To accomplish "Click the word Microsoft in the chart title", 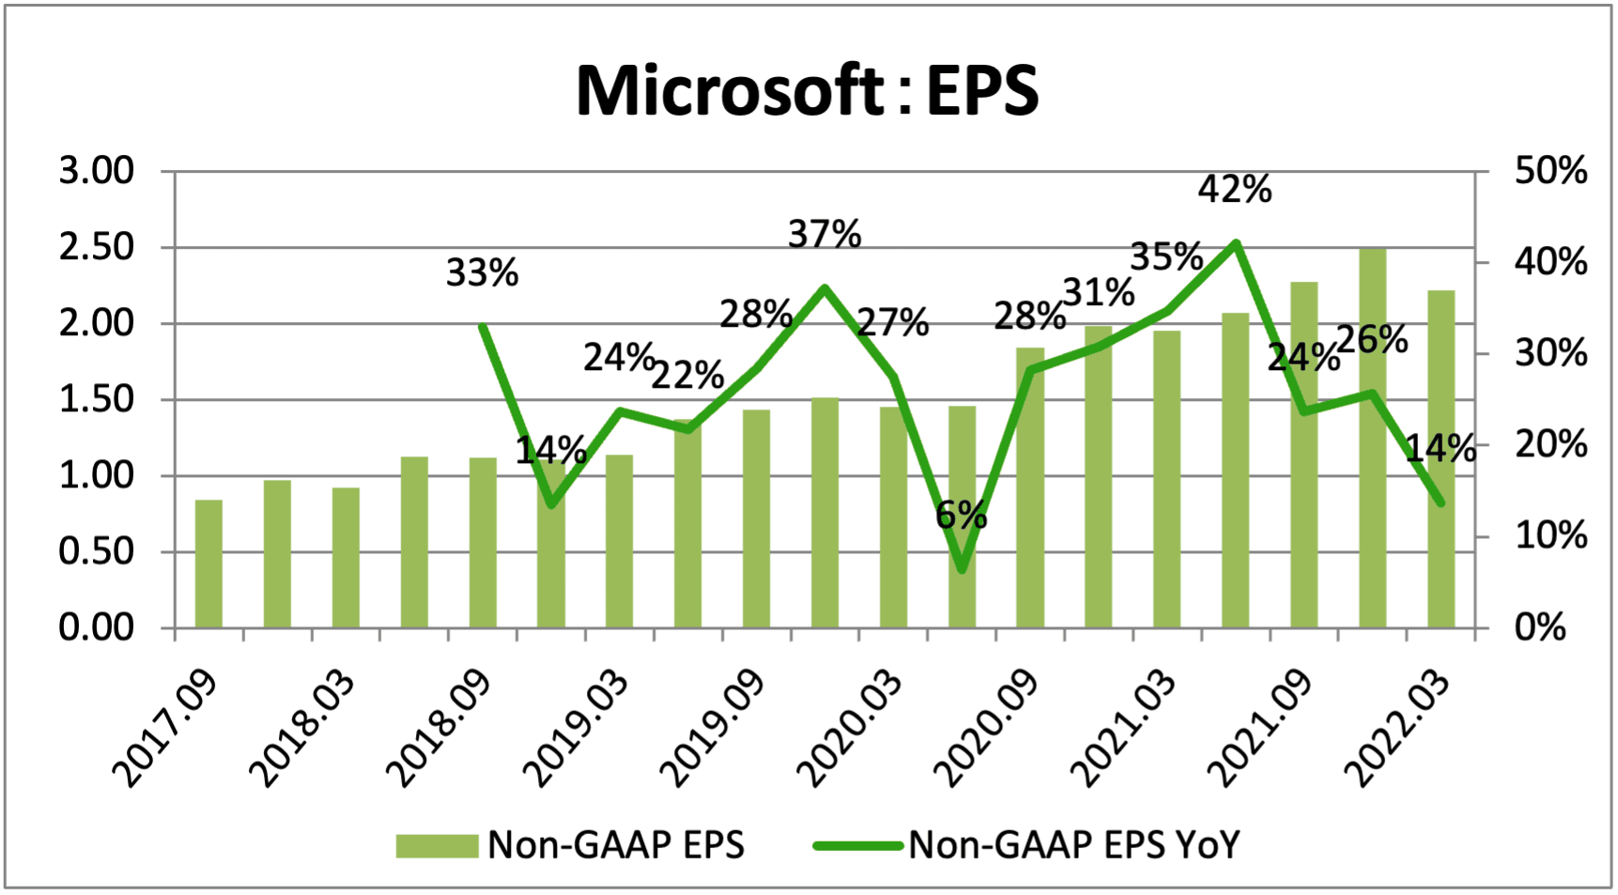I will tap(728, 91).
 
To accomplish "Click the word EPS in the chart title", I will tap(982, 91).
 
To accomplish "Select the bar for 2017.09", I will tap(208, 563).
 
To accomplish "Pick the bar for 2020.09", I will tap(1030, 488).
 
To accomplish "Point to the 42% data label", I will tap(1234, 190).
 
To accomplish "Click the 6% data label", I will tap(961, 515).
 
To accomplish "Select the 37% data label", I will tap(824, 234).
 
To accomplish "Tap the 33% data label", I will tap(482, 273).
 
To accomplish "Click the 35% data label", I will tap(1165, 256).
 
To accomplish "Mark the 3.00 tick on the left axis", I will tap(97, 171).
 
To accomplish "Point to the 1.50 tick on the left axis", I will tap(97, 399).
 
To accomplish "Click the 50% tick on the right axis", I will tap(1550, 171).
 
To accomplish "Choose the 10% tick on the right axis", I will tap(1550, 536).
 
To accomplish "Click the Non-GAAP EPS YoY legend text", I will tap(1073, 845).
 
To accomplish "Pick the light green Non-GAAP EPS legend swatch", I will tap(437, 845).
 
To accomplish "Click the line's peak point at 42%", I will tap(1236, 243).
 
